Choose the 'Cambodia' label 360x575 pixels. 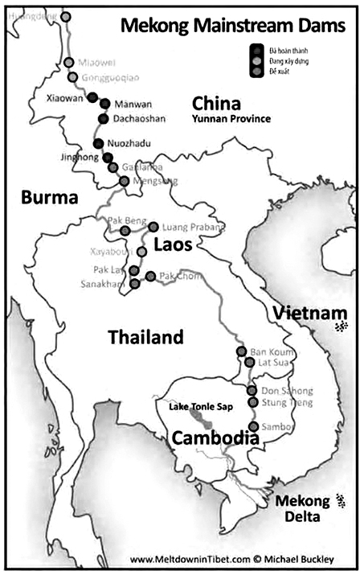click(215, 439)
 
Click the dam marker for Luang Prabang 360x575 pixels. click(153, 227)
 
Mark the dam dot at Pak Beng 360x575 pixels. click(125, 231)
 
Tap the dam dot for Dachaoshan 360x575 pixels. click(103, 119)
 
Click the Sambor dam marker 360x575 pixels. click(254, 426)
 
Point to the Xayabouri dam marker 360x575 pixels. click(141, 252)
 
